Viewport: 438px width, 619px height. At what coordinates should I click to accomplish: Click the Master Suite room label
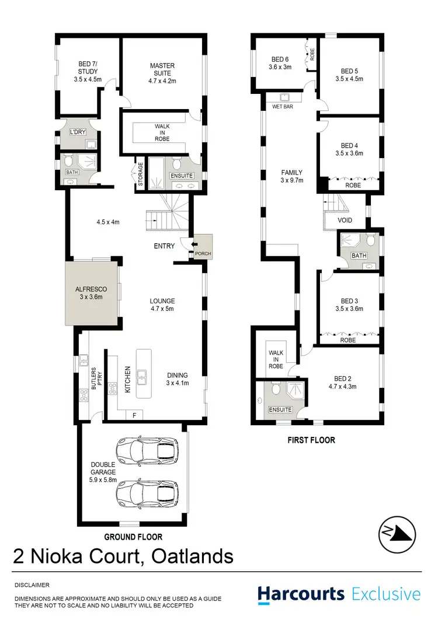tap(161, 74)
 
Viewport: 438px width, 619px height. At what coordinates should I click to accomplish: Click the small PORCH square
tap(203, 247)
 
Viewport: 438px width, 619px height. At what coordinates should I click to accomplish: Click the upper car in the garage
tap(146, 450)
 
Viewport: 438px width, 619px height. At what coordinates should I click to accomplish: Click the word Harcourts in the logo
tap(301, 594)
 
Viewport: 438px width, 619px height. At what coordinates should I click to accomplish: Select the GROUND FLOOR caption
tap(133, 537)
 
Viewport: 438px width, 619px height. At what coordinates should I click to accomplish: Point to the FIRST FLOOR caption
tap(311, 440)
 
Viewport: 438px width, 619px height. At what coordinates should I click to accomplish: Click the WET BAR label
tap(281, 107)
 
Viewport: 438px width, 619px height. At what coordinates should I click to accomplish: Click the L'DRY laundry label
tap(78, 132)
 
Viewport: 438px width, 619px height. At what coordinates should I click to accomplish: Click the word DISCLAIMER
tap(32, 584)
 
